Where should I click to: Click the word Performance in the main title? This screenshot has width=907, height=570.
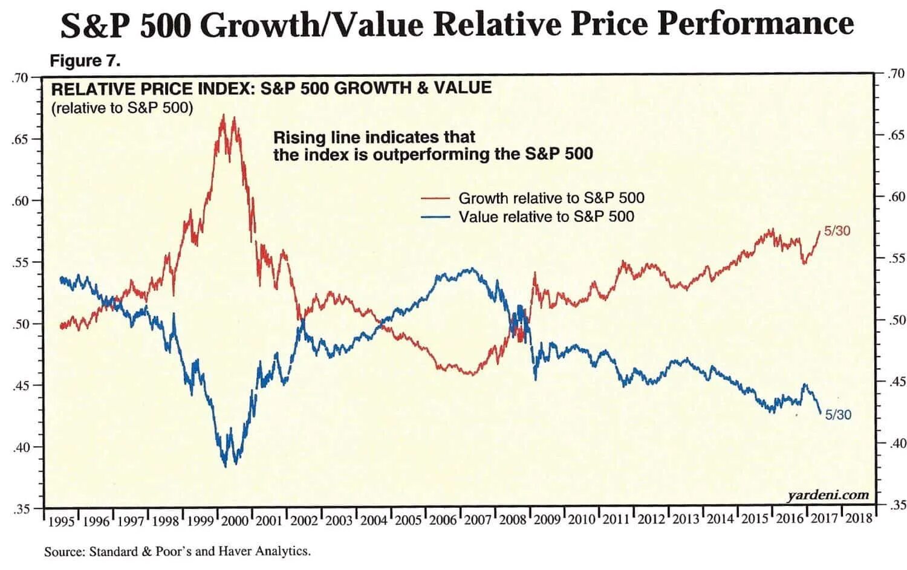[x=756, y=24]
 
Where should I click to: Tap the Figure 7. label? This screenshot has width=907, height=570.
[x=85, y=61]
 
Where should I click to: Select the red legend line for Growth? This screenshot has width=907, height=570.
[x=435, y=198]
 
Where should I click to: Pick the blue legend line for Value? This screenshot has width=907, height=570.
[x=435, y=216]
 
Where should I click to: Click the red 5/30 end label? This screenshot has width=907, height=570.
[x=837, y=231]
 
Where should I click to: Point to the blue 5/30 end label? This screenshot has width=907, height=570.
[x=838, y=415]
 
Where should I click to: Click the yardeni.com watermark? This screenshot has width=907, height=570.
[x=828, y=496]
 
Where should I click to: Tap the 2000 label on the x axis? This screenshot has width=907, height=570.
[x=235, y=520]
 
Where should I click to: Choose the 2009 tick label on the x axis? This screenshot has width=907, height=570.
[x=547, y=520]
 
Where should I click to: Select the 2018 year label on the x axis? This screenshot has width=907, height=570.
[x=859, y=518]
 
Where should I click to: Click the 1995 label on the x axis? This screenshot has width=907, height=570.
[x=60, y=521]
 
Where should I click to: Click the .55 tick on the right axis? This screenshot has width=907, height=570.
[x=896, y=259]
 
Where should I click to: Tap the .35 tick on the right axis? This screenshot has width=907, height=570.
[x=896, y=505]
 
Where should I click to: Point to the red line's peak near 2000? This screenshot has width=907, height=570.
[x=223, y=115]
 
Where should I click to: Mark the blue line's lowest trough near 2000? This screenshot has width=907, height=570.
[x=226, y=466]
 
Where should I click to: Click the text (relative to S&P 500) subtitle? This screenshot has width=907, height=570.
[x=122, y=108]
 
